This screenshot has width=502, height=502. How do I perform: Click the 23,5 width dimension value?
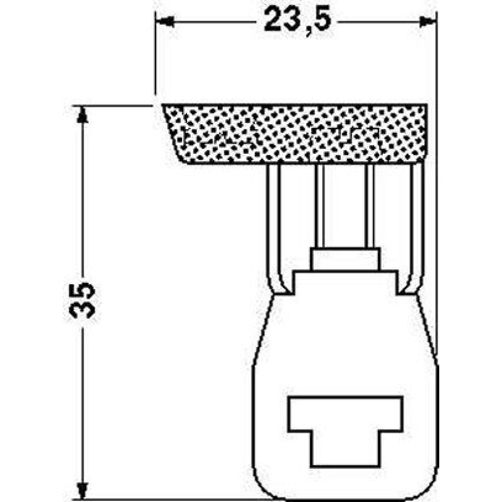click(x=297, y=21)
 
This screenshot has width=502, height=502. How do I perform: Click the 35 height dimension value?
click(x=82, y=300)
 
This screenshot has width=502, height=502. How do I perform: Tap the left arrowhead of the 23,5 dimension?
click(x=164, y=22)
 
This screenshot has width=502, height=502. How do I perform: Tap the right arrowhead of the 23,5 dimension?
click(x=428, y=22)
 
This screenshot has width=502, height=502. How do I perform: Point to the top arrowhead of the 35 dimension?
click(x=83, y=115)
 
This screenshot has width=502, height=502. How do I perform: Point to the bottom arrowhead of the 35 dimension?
click(x=83, y=491)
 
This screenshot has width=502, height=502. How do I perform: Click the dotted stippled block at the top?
click(x=294, y=134)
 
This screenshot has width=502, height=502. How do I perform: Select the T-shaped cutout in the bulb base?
click(x=346, y=432)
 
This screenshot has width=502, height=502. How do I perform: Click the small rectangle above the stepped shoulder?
click(x=345, y=259)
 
